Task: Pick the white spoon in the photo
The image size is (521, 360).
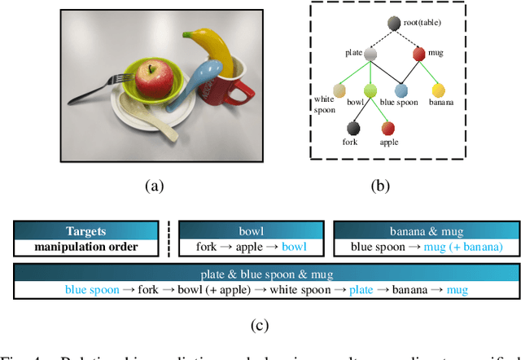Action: pos(147,114)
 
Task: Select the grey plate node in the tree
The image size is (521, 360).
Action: pos(370,55)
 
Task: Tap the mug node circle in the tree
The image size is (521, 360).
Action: pos(418,55)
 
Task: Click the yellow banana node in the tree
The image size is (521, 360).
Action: pos(438,90)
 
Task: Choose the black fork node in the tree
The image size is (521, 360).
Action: pos(352,128)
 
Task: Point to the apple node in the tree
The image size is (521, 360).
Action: pos(388,128)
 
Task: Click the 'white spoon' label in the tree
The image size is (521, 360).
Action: pos(324,104)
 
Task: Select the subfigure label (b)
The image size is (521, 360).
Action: pos(380,186)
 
